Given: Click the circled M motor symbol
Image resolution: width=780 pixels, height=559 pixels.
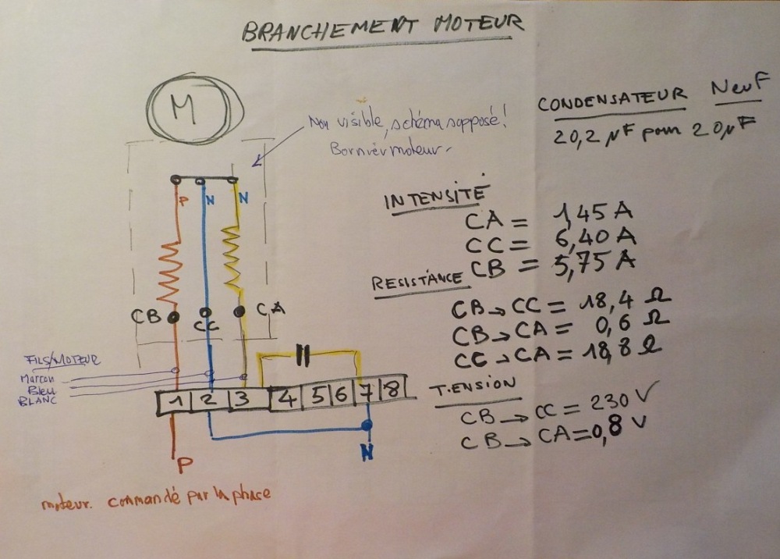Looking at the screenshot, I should [185, 110].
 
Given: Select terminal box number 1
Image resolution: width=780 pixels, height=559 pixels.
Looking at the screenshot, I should [178, 402].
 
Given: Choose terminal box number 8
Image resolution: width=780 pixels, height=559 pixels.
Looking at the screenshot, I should [392, 389].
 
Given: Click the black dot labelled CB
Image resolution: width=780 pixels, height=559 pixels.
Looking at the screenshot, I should [174, 317].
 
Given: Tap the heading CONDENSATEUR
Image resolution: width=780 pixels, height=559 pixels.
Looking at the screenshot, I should [612, 101].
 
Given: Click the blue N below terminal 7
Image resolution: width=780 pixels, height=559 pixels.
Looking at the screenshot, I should [367, 451].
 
